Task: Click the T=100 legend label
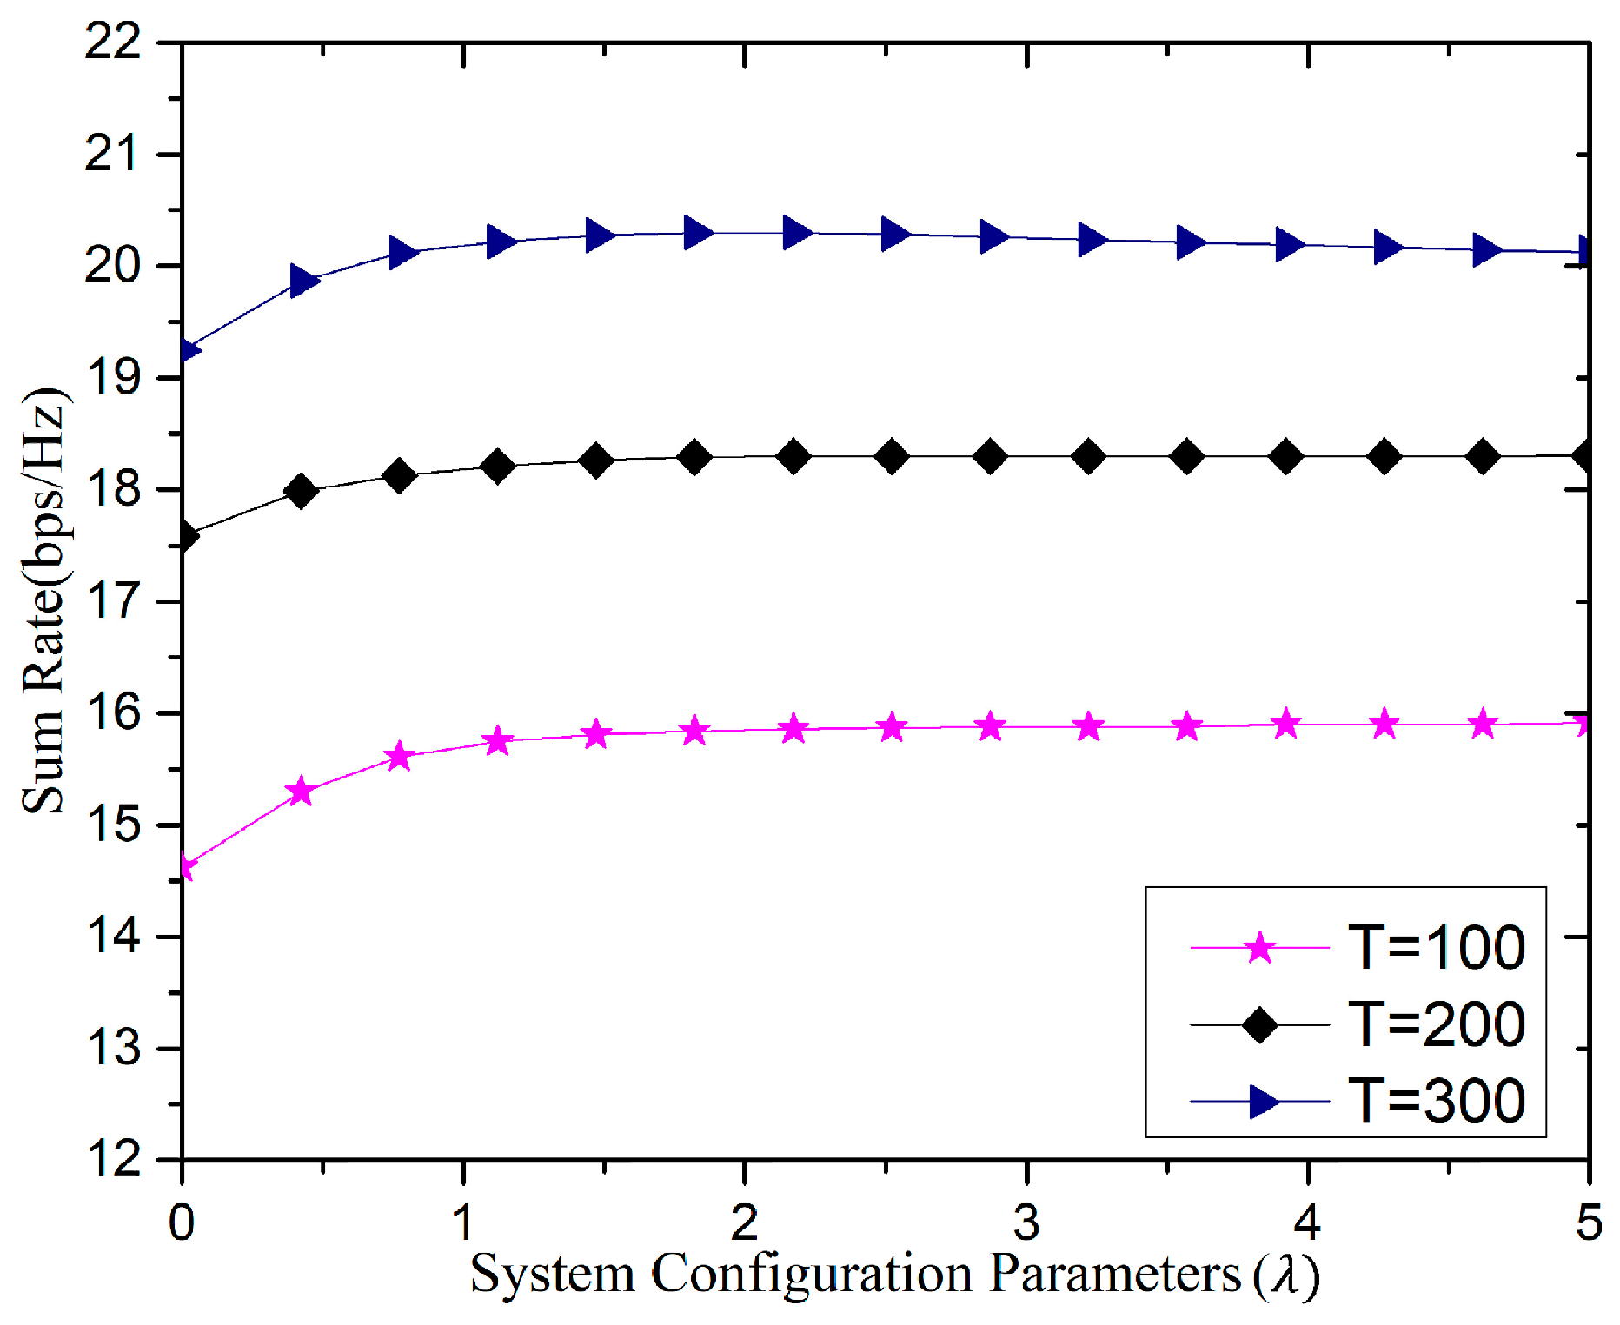point(1436,947)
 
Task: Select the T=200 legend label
point(1436,1024)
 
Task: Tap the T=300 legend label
point(1436,1101)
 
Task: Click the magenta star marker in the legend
point(1259,947)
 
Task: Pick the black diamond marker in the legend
point(1259,1024)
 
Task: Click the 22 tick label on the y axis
point(113,41)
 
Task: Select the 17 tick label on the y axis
point(113,600)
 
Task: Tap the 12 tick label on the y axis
point(113,1159)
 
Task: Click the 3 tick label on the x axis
point(1026,1222)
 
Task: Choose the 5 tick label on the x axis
point(1588,1222)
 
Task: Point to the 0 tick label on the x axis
point(182,1222)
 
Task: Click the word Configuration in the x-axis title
point(811,1275)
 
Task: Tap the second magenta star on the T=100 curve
point(301,792)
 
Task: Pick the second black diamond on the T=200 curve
point(301,492)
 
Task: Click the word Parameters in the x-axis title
point(1116,1275)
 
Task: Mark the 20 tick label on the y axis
point(113,265)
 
